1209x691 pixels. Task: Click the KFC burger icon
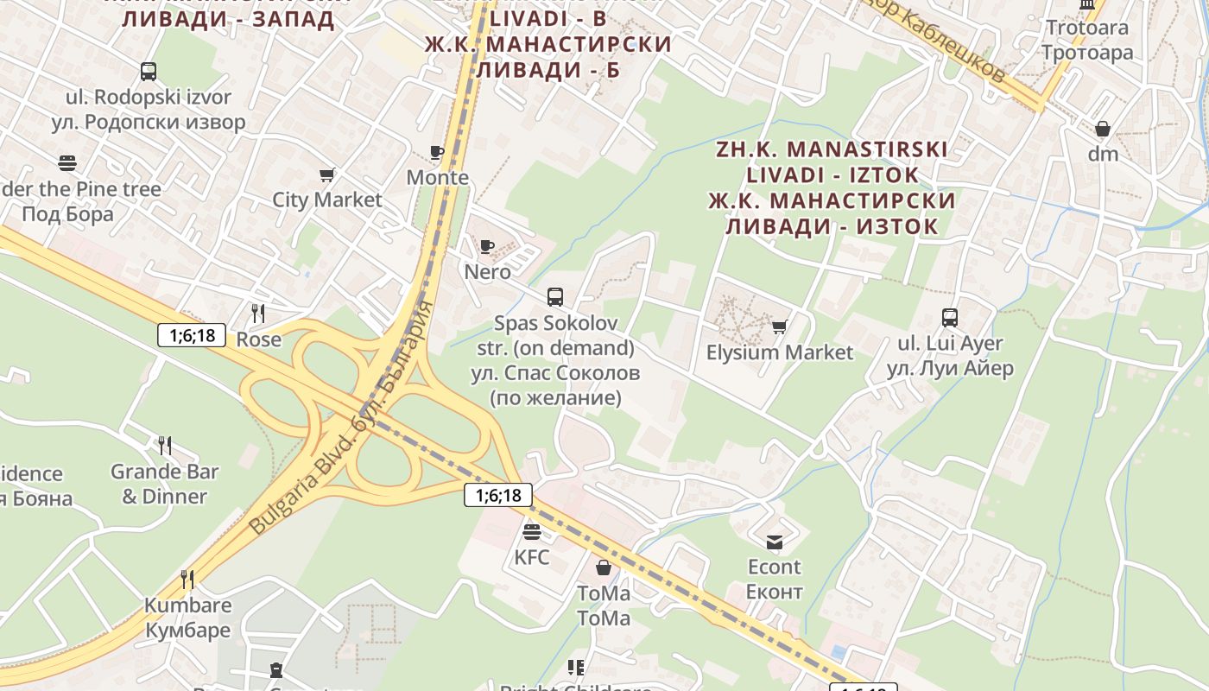(532, 531)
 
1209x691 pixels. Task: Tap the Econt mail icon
(775, 542)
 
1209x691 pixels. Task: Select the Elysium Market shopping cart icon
(780, 326)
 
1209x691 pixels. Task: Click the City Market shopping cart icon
(326, 175)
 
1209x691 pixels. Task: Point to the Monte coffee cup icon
(437, 153)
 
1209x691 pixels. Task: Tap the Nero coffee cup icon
(487, 246)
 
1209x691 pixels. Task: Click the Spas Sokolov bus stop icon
(555, 297)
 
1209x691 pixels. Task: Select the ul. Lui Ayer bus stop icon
(950, 318)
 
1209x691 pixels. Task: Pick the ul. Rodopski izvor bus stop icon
(149, 72)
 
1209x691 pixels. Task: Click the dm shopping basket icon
(1103, 130)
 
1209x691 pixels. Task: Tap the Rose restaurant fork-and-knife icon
(257, 313)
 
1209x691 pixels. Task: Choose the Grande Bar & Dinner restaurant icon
(164, 446)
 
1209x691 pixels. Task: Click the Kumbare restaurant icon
(187, 579)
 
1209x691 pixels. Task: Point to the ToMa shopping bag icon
(604, 567)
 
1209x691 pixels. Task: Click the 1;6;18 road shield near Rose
(192, 335)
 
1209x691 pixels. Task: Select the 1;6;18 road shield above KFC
(498, 495)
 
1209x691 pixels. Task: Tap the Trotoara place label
(1087, 28)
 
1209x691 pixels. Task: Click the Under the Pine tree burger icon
(67, 162)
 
